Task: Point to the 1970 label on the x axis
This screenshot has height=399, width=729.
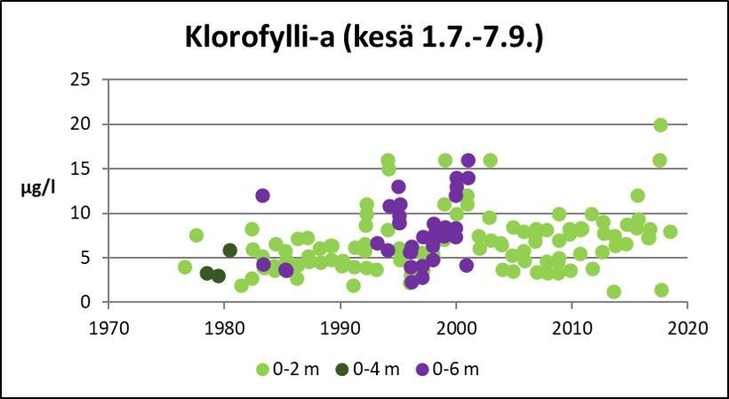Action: tap(108, 324)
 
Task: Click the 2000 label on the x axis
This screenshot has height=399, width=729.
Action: tap(456, 324)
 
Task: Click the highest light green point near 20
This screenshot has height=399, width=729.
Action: tap(660, 125)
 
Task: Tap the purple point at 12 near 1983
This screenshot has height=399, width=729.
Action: tap(262, 196)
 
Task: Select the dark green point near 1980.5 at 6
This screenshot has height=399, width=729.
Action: tap(229, 251)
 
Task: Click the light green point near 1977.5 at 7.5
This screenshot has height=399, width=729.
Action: tap(196, 235)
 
